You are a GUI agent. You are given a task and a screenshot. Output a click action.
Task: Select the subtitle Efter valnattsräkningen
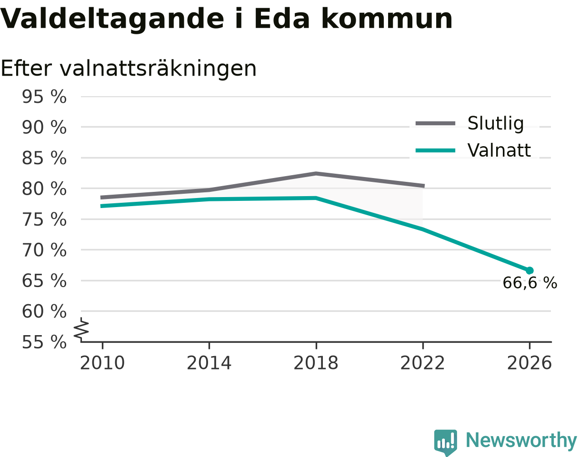(129, 69)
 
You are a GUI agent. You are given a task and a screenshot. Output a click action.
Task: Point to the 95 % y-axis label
(44, 97)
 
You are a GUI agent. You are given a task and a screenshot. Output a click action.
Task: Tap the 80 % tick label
(44, 189)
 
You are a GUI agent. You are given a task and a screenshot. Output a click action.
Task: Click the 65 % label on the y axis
(44, 281)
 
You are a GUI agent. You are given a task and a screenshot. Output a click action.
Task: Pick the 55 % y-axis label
(44, 342)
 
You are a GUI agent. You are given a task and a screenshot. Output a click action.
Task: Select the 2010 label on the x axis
(102, 363)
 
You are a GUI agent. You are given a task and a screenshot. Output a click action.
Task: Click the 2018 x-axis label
(316, 363)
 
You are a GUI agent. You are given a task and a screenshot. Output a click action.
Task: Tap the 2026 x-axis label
(529, 363)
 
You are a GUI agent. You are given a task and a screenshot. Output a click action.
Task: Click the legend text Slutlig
(496, 124)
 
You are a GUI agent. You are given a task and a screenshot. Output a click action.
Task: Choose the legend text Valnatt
(499, 150)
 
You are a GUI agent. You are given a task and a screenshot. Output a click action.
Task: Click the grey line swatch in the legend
(435, 123)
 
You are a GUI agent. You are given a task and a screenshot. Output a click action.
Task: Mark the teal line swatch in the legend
(435, 150)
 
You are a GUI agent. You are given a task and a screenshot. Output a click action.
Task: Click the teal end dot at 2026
(529, 270)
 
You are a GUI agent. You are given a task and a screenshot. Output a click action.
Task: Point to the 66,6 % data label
(530, 283)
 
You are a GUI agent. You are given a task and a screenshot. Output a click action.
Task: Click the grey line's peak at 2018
(316, 174)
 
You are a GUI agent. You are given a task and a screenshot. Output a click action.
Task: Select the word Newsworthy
(521, 441)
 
